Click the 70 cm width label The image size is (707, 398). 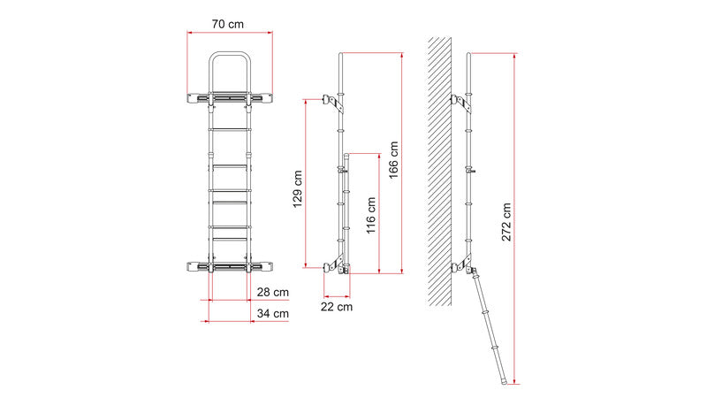pyautogui.click(x=227, y=24)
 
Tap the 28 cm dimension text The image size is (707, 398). pyautogui.click(x=273, y=292)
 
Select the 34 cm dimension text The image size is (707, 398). pyautogui.click(x=273, y=313)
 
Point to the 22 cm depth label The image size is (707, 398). pyautogui.click(x=337, y=307)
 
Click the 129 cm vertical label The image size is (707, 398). pyautogui.click(x=297, y=188)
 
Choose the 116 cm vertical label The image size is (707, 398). pyautogui.click(x=370, y=215)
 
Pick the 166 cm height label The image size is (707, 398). pyautogui.click(x=393, y=160)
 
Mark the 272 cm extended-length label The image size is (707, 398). pyautogui.click(x=506, y=222)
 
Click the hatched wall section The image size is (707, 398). pyautogui.click(x=439, y=172)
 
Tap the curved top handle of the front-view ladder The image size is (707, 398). pyautogui.click(x=230, y=53)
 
